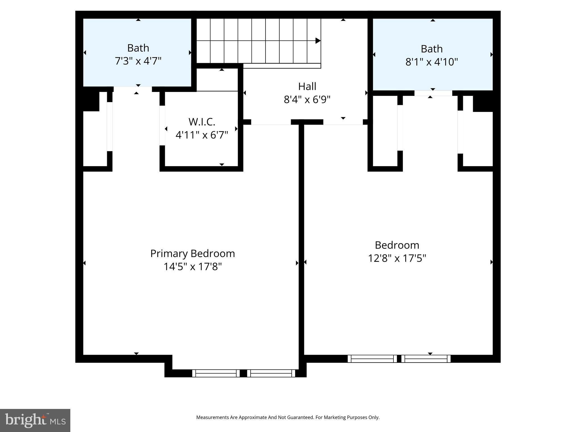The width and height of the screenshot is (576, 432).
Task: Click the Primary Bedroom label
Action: coord(192,253)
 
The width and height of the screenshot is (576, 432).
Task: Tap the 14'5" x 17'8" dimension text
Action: coord(192,266)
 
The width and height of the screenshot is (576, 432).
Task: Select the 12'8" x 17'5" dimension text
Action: coord(397,258)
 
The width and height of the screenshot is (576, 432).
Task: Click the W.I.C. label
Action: coord(202,122)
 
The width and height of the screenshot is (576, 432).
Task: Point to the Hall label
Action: coord(307,86)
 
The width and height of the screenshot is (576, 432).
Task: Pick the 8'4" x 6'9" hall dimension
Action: coord(307,100)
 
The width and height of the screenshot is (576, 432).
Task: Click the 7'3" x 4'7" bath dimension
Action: coord(138,61)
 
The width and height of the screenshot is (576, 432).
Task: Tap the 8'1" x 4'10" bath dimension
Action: coord(431,62)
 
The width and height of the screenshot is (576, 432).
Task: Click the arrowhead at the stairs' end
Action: coord(318,41)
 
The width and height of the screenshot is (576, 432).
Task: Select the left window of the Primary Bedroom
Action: coord(216,373)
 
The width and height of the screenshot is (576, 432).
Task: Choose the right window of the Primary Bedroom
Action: coord(271,373)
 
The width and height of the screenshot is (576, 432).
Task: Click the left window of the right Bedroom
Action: coord(372,359)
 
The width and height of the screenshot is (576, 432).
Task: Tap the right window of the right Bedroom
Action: coord(426,359)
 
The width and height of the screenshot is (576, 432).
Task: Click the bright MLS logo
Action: coord(35,420)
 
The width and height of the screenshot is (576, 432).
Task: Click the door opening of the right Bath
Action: coord(433,93)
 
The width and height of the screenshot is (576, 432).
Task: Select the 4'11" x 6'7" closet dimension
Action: coord(202,135)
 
